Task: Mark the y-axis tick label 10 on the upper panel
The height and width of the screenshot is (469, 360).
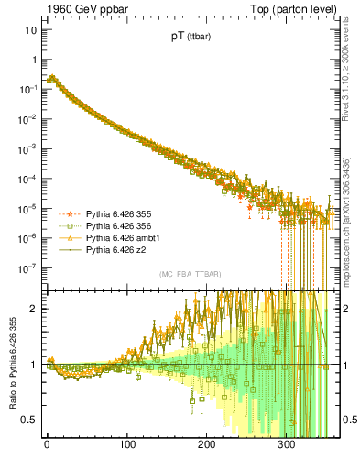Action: [30, 30]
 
